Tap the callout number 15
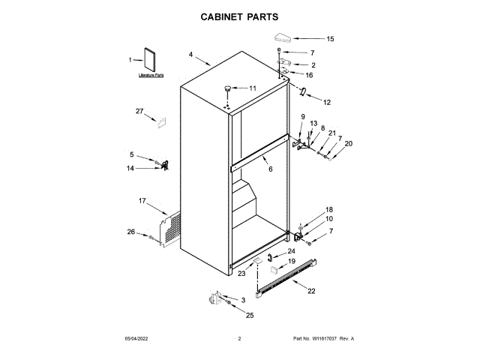(330, 38)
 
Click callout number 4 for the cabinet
(191, 55)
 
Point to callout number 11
(253, 88)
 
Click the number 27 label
(139, 112)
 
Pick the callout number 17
(142, 200)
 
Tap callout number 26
(130, 232)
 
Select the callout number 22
(311, 291)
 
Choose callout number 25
(250, 315)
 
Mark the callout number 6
(271, 169)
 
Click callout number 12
(326, 101)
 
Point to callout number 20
(348, 143)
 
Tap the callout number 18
(328, 209)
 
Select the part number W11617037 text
(323, 339)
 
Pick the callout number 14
(130, 169)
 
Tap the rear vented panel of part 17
(172, 228)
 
